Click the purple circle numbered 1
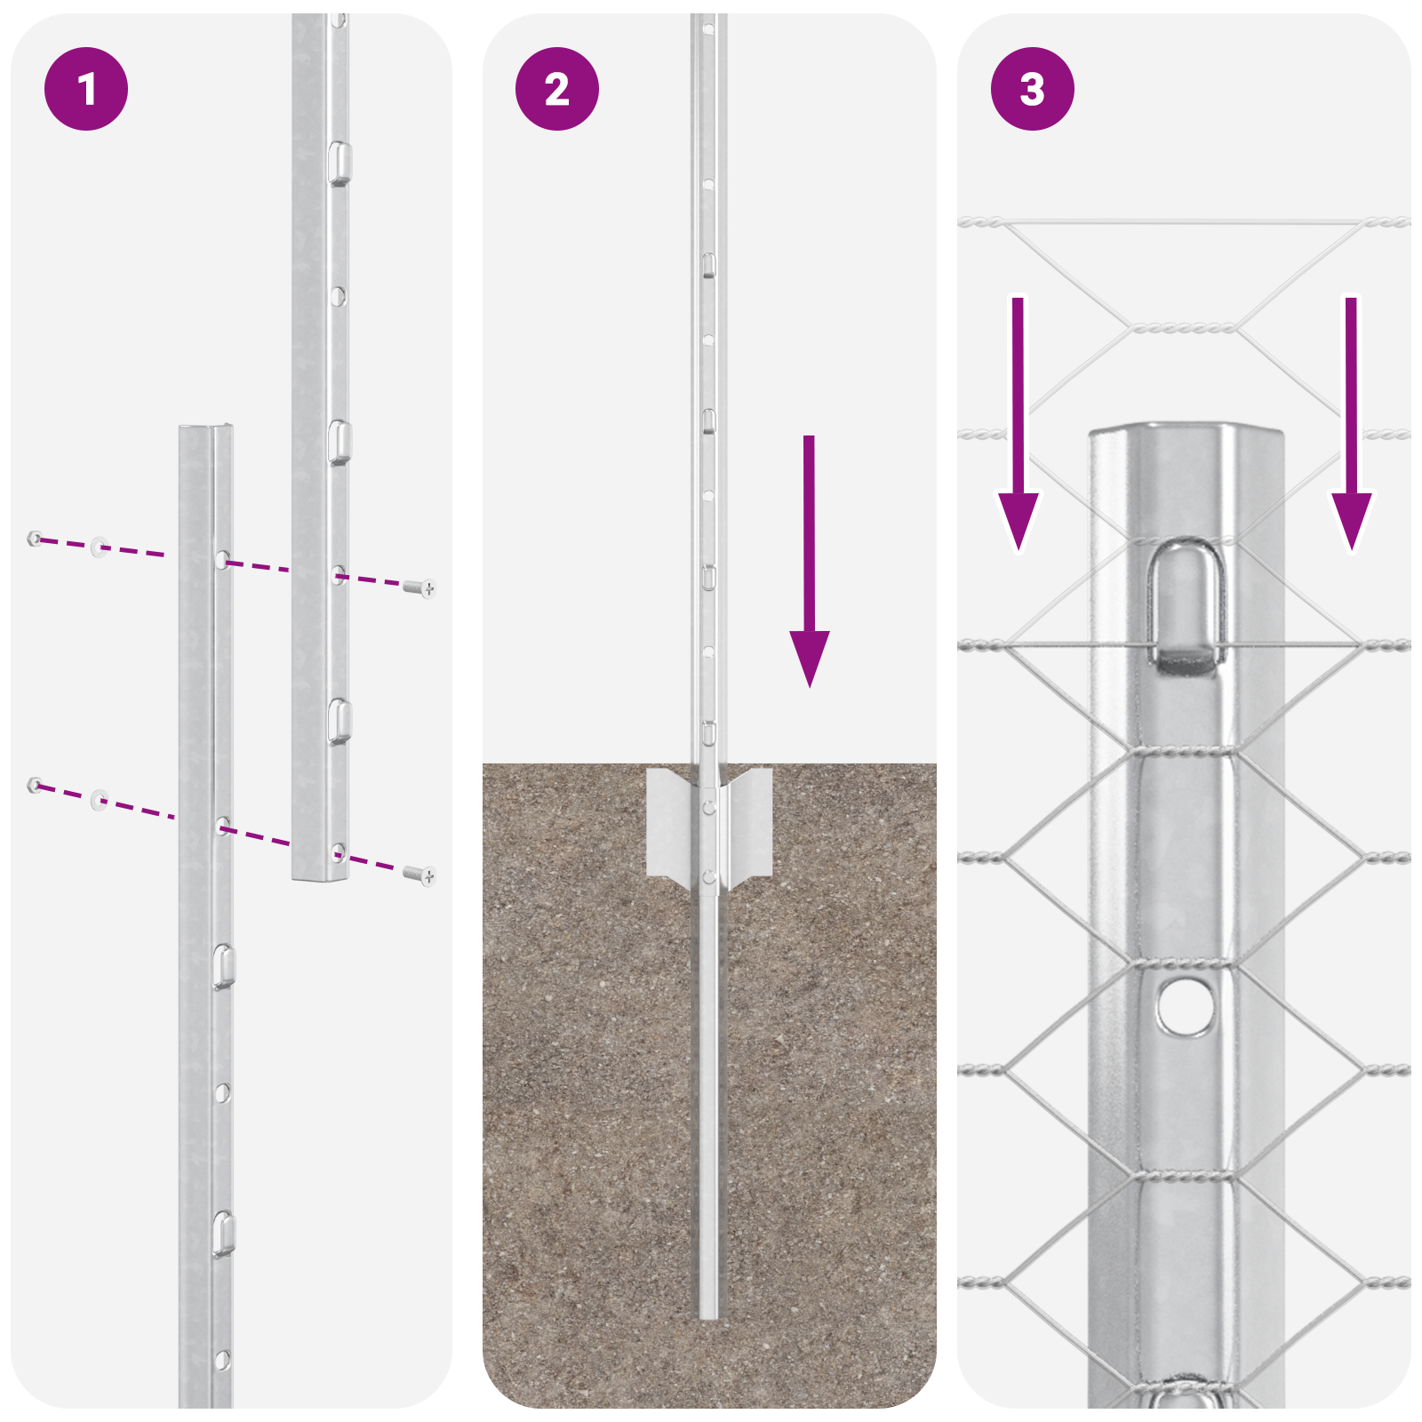(x=86, y=89)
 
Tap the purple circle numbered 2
(x=557, y=89)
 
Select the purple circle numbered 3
(x=1032, y=89)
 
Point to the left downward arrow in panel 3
(x=1018, y=427)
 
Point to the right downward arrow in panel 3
(x=1351, y=427)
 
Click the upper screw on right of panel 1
(x=419, y=587)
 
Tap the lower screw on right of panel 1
(x=419, y=875)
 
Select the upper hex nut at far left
(x=34, y=538)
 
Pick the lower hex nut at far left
(x=34, y=785)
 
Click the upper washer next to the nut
(x=99, y=546)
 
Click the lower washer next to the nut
(x=99, y=800)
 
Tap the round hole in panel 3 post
(x=1186, y=1006)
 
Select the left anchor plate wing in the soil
(x=669, y=822)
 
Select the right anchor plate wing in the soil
(x=750, y=822)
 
